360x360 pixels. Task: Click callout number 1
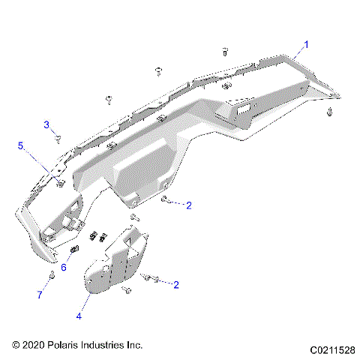pos(305,45)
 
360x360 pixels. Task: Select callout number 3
pos(46,124)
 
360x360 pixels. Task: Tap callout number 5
pos(21,145)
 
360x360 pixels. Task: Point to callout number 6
pos(64,267)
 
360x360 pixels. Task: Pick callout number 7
pos(40,295)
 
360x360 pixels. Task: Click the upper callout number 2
pos(189,205)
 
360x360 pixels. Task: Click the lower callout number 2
pos(176,284)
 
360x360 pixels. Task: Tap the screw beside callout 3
pos(57,138)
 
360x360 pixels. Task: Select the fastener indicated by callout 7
pos(51,277)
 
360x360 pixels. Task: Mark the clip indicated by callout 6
pos(74,250)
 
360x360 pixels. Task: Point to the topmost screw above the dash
pos(224,50)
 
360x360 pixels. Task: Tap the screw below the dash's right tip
pos(330,112)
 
